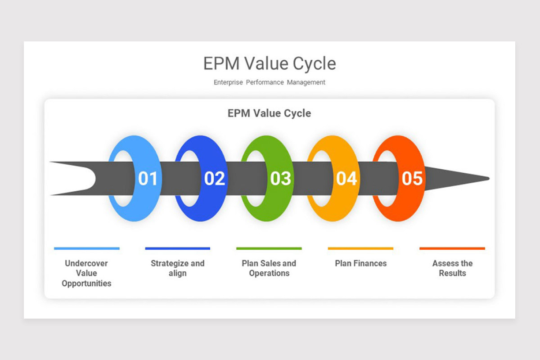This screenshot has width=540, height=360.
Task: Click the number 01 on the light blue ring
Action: tap(148, 179)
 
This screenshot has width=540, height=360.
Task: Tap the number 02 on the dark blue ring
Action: tap(214, 179)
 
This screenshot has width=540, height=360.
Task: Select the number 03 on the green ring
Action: tap(280, 179)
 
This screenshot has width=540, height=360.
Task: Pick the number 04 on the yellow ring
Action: tap(346, 179)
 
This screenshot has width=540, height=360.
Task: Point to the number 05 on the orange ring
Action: tap(412, 179)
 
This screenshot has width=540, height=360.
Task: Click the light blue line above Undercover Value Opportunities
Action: tap(87, 248)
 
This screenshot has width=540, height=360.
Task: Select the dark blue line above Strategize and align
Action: tap(178, 248)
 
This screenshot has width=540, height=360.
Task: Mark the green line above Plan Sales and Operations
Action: tap(269, 248)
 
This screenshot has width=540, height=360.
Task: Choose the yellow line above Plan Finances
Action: tap(360, 248)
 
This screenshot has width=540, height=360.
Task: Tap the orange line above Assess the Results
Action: tap(452, 248)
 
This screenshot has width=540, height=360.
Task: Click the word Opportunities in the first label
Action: tap(86, 283)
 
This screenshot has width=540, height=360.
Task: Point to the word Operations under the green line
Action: tap(269, 273)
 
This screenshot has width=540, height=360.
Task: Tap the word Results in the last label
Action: tap(452, 273)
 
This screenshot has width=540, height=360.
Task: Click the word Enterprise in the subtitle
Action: tap(228, 82)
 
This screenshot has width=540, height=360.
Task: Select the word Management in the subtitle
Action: tap(306, 82)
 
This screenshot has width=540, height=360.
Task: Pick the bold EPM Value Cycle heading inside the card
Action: tap(269, 113)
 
